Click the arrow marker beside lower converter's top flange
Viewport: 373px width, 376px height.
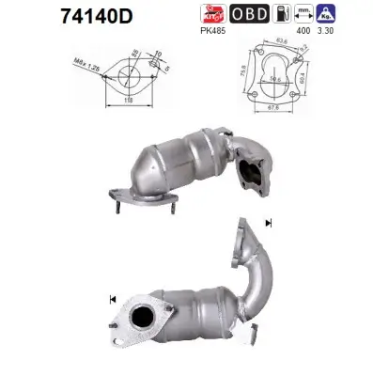point(269,224)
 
